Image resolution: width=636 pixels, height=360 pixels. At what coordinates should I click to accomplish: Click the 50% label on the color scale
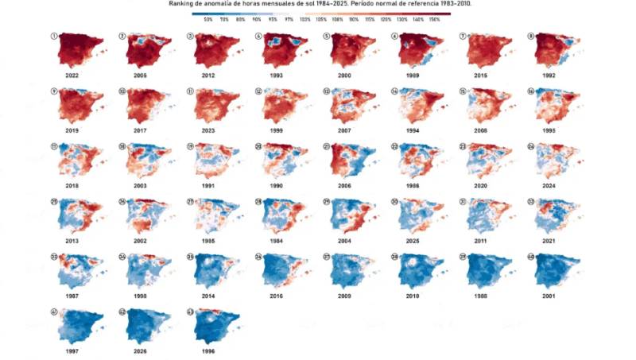pyautogui.click(x=208, y=17)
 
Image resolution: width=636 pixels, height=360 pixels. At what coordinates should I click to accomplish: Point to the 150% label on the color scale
pyautogui.click(x=435, y=17)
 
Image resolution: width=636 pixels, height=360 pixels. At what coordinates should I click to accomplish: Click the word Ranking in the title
pyautogui.click(x=182, y=3)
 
